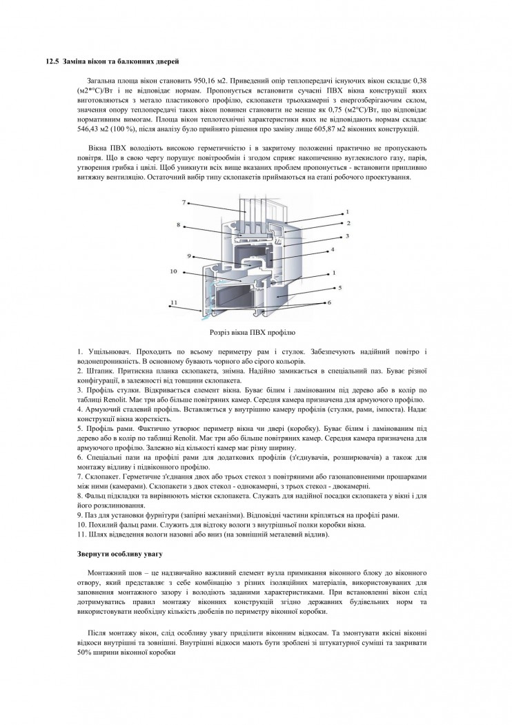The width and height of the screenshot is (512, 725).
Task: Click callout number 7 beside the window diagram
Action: click(185, 202)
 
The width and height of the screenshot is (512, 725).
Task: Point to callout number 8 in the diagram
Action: click(178, 224)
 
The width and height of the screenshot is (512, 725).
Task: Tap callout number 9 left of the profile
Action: click(188, 255)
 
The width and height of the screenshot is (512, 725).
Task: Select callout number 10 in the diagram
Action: click(175, 271)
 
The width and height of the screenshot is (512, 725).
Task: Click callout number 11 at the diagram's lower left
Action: click(174, 302)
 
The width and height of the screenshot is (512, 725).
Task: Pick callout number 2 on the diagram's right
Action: click(349, 223)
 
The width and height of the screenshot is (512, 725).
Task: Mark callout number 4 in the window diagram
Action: click(332, 249)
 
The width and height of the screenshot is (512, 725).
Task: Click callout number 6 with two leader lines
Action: click(330, 302)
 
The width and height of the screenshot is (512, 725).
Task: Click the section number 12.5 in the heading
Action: click(51, 62)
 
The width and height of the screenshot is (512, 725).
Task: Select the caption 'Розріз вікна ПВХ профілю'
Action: click(255, 332)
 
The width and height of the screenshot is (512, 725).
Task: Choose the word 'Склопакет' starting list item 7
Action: click(101, 477)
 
